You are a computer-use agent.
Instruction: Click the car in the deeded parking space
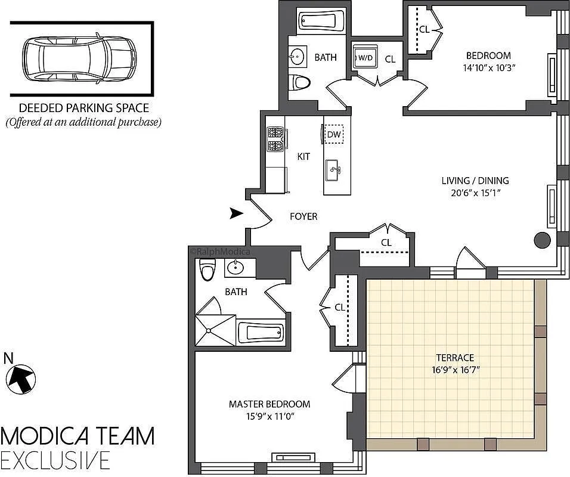tap(78, 58)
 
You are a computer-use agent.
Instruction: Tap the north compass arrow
tap(21, 377)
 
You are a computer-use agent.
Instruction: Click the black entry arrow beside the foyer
tap(237, 213)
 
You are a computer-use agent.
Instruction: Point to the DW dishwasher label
tap(334, 135)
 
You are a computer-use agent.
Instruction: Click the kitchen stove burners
tap(275, 139)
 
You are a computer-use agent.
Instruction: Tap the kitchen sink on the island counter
tap(333, 170)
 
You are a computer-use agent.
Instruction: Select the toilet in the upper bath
tap(299, 82)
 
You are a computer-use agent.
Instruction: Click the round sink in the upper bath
tap(296, 57)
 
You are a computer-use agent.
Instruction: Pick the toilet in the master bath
tap(207, 271)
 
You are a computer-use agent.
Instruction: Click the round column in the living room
tap(541, 240)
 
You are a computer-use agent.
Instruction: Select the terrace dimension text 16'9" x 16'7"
tap(454, 370)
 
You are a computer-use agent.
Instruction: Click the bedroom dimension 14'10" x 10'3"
tap(488, 67)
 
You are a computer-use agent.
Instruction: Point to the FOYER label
tap(303, 216)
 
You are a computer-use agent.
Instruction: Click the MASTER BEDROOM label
tap(269, 404)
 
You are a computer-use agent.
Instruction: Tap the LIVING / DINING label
tap(475, 181)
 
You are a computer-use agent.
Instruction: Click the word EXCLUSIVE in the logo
tap(55, 460)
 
